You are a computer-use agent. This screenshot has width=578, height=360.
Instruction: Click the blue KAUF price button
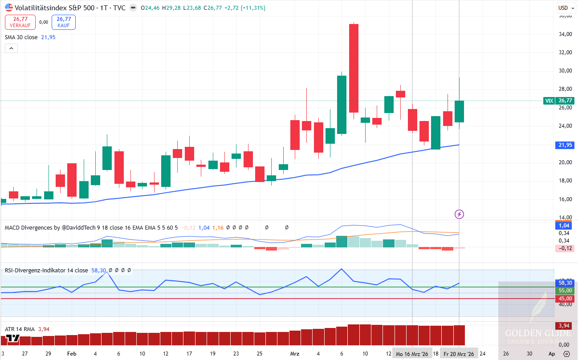pyautogui.click(x=64, y=22)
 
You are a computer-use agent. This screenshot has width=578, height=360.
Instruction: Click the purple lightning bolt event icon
pyautogui.click(x=459, y=214)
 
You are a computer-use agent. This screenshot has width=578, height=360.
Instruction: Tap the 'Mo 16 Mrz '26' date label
pyautogui.click(x=412, y=354)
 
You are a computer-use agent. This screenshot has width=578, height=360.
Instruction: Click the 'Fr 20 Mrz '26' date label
pyautogui.click(x=459, y=354)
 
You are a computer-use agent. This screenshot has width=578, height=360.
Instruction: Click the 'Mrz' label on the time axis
pyautogui.click(x=294, y=354)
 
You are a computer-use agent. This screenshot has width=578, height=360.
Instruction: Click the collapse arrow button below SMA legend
pyautogui.click(x=11, y=48)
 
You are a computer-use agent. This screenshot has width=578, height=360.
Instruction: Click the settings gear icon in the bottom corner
pyautogui.click(x=566, y=354)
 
